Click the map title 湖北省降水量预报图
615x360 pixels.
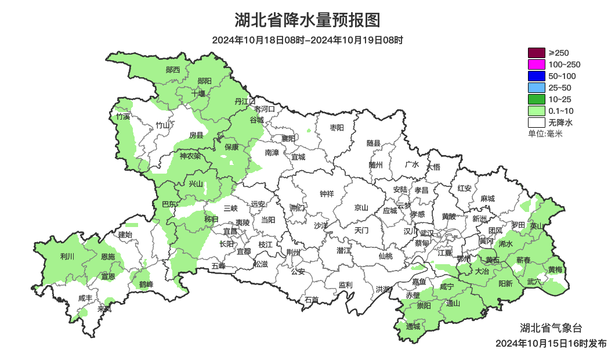pos(307,20)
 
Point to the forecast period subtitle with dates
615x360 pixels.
pos(307,40)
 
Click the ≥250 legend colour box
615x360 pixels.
pos(536,53)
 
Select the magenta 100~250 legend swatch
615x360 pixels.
pos(536,64)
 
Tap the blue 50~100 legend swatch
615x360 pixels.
pos(536,76)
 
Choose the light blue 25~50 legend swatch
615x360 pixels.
pos(536,88)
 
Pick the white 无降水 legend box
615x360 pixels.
pos(536,123)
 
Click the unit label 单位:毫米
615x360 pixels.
pos(545,134)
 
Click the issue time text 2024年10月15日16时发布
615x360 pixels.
pos(551,343)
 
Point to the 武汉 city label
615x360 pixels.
pos(426,232)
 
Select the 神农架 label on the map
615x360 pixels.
pos(190,156)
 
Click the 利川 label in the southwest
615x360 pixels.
pos(67,255)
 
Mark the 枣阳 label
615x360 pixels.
pos(337,127)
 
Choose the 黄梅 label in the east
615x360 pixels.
pos(555,269)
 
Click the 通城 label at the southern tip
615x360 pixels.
pos(413,326)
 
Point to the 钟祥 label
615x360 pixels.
pos(327,194)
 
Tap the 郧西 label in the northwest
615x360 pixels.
pos(173,70)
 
